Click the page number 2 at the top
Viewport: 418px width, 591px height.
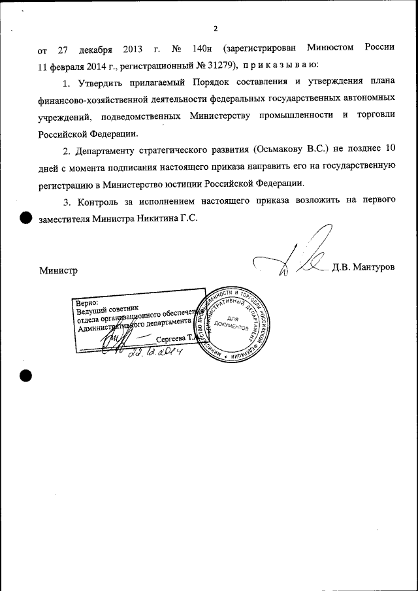coord(214,28)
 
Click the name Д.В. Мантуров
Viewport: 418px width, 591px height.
coord(364,268)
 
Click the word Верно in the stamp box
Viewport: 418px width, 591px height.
coord(88,303)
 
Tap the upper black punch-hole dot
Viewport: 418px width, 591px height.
coord(25,217)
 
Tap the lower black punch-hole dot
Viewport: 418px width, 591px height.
coord(25,375)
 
